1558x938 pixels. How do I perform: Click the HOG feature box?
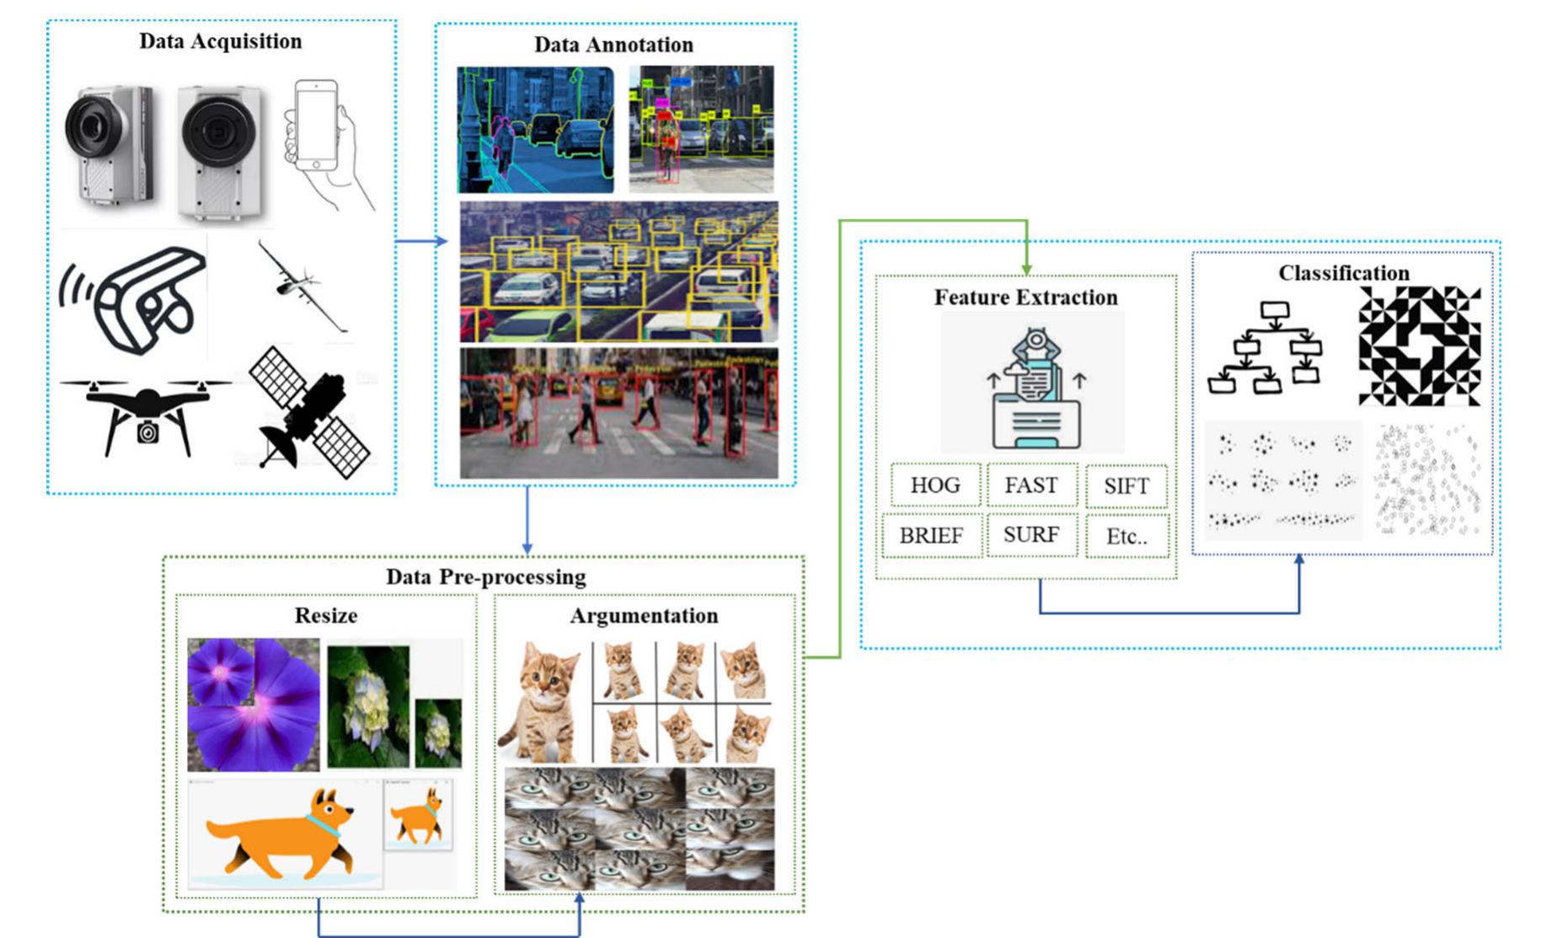click(x=935, y=485)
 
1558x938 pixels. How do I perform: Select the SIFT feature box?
click(x=1126, y=486)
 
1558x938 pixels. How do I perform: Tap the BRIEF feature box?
click(x=931, y=536)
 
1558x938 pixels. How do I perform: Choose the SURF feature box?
click(x=1031, y=535)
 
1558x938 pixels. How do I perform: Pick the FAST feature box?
click(x=1031, y=485)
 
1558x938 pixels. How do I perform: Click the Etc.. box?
click(x=1127, y=537)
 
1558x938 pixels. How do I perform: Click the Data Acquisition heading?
click(x=221, y=41)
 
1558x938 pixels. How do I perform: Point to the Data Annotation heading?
click(x=613, y=45)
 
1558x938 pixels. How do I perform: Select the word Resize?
click(x=326, y=615)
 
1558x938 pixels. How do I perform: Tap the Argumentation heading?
click(x=644, y=615)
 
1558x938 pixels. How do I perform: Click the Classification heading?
click(x=1343, y=273)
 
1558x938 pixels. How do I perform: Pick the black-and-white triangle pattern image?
click(x=1419, y=346)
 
